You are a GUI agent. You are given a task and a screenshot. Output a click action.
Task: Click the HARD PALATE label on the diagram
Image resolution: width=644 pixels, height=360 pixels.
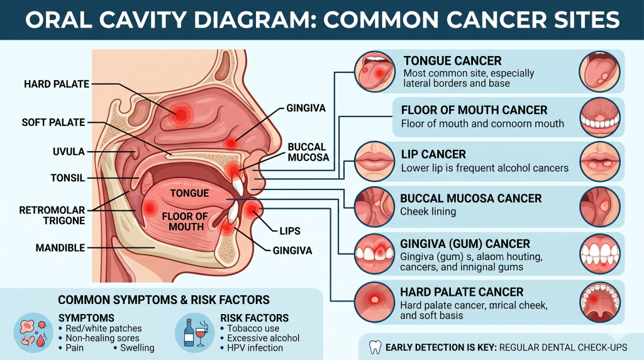(57, 84)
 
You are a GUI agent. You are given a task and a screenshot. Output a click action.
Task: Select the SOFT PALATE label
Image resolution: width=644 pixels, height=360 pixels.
(52, 121)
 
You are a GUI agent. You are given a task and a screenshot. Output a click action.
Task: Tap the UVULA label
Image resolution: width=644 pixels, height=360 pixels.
(69, 152)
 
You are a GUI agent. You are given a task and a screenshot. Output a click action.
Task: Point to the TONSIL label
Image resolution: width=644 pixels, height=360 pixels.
(67, 178)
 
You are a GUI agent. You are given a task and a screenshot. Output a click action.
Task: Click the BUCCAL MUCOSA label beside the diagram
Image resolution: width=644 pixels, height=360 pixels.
(308, 152)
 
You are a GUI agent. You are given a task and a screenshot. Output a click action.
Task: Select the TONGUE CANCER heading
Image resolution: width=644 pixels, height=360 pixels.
(452, 61)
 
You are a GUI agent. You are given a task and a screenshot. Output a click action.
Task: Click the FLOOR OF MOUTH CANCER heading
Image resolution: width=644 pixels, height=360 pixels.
(474, 110)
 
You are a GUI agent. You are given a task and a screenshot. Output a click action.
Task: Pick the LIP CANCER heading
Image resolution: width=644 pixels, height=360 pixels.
(433, 154)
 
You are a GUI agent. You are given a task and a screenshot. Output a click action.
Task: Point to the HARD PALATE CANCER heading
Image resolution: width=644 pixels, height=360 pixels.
(462, 292)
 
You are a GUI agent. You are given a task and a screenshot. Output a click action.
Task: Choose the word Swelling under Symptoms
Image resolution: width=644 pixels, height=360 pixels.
(136, 348)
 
